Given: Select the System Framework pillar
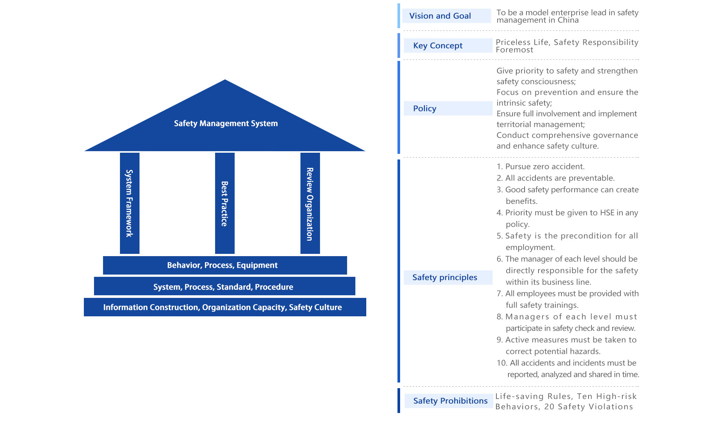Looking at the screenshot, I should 129,203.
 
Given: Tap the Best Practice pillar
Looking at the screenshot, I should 224,203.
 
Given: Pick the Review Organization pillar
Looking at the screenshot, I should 310,203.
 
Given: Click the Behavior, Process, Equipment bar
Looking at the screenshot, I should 224,265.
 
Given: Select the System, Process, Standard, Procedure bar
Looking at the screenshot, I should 224,287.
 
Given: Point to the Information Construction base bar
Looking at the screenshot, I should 224,307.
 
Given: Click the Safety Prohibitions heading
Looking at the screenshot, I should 450,401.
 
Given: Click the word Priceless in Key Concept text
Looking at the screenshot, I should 513,43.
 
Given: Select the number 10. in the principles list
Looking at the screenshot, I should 502,363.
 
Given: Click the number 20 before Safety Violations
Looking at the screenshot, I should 549,407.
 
